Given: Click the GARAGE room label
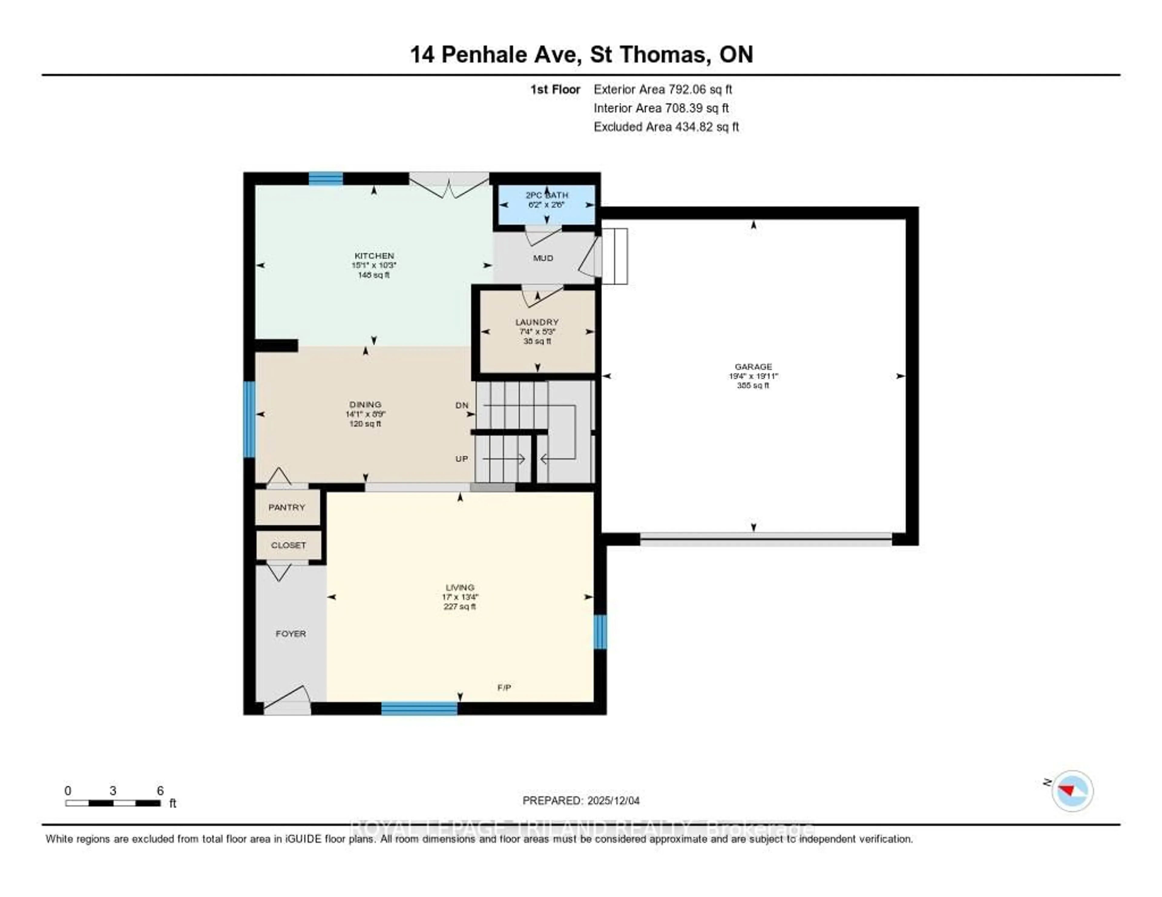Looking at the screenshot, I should click(x=753, y=366).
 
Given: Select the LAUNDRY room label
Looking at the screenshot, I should click(x=537, y=322).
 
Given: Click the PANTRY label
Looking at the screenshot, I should click(x=287, y=507).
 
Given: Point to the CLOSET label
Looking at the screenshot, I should click(x=288, y=545).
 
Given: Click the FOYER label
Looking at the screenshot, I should click(x=290, y=634).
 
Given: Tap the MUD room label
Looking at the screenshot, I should click(x=543, y=258).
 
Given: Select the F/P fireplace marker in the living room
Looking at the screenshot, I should click(x=504, y=687).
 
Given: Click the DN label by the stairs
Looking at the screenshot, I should click(x=462, y=405).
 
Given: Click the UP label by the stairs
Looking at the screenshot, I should click(x=461, y=458).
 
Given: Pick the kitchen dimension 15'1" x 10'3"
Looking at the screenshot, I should click(x=374, y=265).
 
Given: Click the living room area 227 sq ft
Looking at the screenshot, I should click(x=460, y=606).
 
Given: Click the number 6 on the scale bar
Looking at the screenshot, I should click(x=160, y=791).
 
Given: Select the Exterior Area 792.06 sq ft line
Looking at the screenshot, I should click(x=662, y=89).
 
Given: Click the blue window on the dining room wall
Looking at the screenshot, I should click(x=249, y=419).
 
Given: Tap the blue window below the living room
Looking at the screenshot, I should click(x=419, y=708).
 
